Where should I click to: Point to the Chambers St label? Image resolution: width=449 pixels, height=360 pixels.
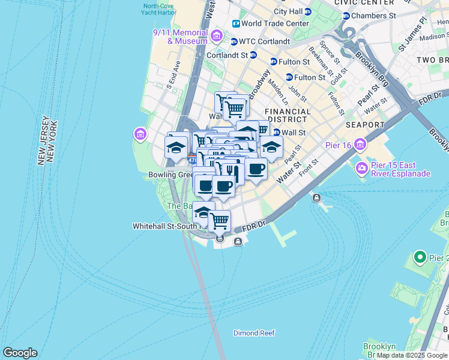(373, 16)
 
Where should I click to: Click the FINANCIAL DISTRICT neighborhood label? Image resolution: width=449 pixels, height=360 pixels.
(288, 116)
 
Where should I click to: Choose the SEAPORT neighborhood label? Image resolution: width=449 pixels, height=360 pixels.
(364, 125)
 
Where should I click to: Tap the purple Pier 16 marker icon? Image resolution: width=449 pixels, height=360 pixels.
(360, 145)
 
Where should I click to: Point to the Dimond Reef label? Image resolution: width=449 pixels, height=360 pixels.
(254, 333)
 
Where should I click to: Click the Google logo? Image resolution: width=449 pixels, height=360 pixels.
(20, 353)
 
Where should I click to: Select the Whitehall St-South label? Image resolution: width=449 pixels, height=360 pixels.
(164, 226)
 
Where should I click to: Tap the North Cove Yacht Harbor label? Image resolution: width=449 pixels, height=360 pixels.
(160, 10)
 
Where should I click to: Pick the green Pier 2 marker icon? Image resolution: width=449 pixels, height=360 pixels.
(420, 258)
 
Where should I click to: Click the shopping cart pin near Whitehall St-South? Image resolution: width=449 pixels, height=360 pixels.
(220, 221)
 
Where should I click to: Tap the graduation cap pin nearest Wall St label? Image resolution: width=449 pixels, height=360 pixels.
(271, 146)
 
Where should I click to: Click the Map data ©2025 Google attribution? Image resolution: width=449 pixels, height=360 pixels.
(412, 355)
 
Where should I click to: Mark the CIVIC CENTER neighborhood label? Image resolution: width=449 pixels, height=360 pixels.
(360, 2)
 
